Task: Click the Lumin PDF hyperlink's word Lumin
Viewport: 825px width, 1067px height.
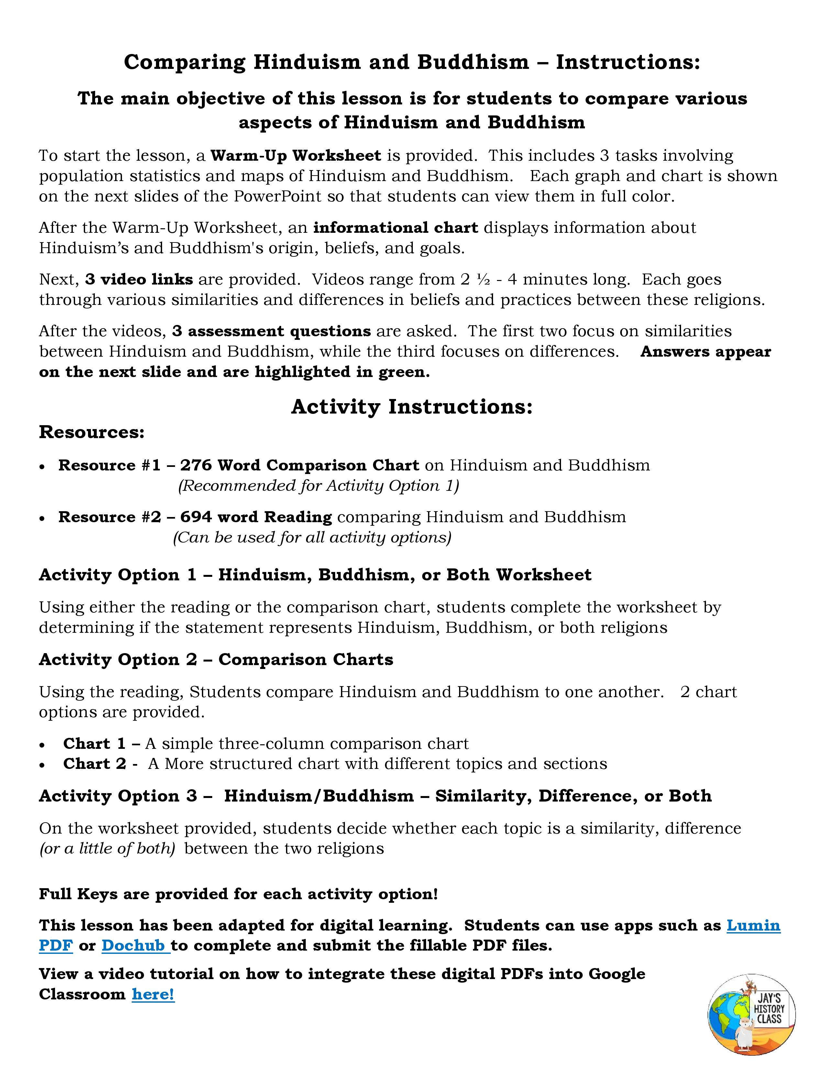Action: (753, 925)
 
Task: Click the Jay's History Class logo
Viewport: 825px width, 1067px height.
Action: (751, 1014)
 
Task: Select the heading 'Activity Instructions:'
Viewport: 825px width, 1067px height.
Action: (412, 406)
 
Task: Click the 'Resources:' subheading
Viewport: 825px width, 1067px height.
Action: (92, 432)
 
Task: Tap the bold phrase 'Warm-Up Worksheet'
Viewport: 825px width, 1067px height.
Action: (296, 155)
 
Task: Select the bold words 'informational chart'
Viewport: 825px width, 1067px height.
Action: (395, 228)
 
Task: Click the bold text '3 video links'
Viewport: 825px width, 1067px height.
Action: (139, 279)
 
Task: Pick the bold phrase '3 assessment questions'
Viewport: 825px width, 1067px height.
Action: (271, 331)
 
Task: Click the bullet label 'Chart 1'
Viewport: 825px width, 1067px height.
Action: (94, 744)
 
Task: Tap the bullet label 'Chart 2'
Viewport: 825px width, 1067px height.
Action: (94, 764)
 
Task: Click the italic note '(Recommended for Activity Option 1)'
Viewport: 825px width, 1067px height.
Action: (318, 486)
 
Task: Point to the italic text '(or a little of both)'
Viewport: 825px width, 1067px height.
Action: (107, 849)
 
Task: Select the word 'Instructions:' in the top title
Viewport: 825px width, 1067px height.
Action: (628, 62)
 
